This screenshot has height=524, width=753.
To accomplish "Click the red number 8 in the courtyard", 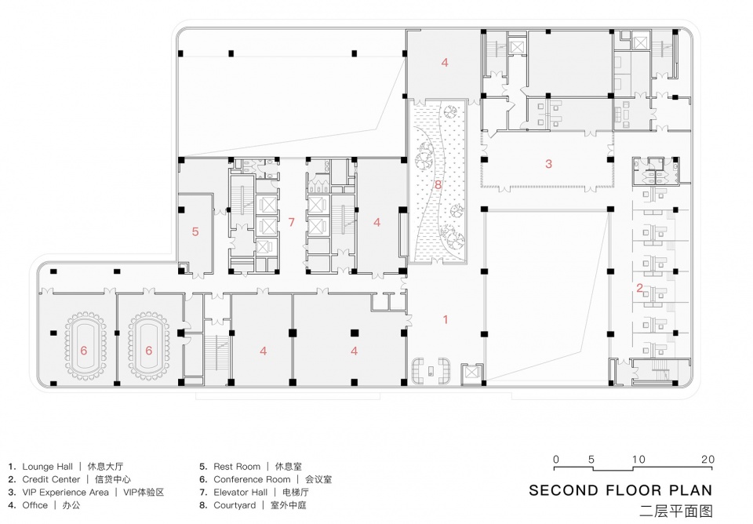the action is (x=438, y=184).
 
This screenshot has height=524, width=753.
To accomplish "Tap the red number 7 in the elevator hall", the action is (x=291, y=222).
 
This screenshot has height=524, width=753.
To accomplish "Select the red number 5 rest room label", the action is (x=195, y=231).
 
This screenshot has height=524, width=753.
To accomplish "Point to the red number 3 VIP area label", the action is (x=548, y=164).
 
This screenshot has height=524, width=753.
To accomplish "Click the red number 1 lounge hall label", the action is (x=446, y=319).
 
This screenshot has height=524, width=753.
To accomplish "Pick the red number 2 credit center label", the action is (x=639, y=288).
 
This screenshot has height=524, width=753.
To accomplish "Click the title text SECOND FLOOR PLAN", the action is (x=621, y=490).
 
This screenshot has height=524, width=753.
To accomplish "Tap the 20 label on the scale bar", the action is (x=708, y=459).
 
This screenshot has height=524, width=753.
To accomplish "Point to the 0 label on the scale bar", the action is (x=556, y=459).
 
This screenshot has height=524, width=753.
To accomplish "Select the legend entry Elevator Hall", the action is (x=241, y=493).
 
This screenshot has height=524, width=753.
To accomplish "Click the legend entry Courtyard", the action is (x=235, y=505).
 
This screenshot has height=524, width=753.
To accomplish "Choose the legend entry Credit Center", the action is (x=52, y=479).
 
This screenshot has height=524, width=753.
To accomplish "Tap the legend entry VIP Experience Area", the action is (x=65, y=493).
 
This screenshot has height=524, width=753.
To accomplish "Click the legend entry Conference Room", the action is (x=252, y=479).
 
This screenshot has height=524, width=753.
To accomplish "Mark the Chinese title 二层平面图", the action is (x=677, y=511).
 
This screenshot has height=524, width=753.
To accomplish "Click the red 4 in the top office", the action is (x=445, y=63).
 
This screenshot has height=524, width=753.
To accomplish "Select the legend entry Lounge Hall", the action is (x=48, y=467).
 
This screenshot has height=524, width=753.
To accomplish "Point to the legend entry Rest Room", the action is (x=237, y=467).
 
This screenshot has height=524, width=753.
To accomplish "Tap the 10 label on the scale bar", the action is (x=638, y=459).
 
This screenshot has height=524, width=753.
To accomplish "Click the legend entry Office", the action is (x=35, y=505).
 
